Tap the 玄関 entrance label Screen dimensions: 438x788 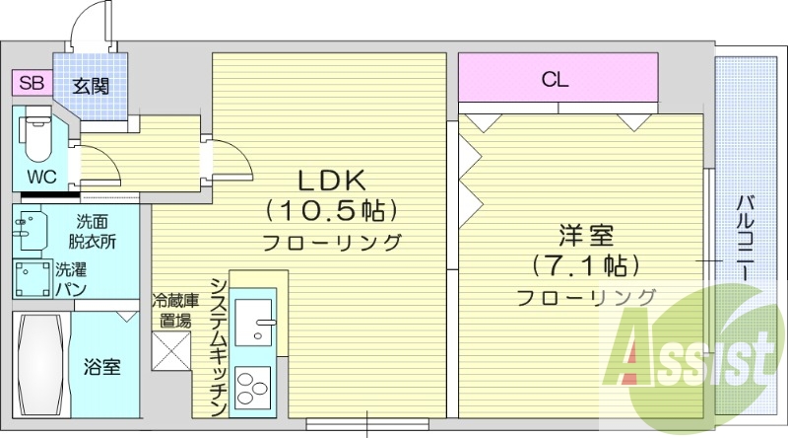[x=91, y=85]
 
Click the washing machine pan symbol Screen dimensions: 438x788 [x=33, y=278]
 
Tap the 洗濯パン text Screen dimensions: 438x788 [x=72, y=278]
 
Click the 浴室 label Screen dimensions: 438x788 [x=101, y=367]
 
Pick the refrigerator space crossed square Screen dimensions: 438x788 [x=169, y=350]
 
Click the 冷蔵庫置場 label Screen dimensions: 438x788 [x=175, y=310]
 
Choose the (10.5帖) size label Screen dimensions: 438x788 [x=332, y=210]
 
